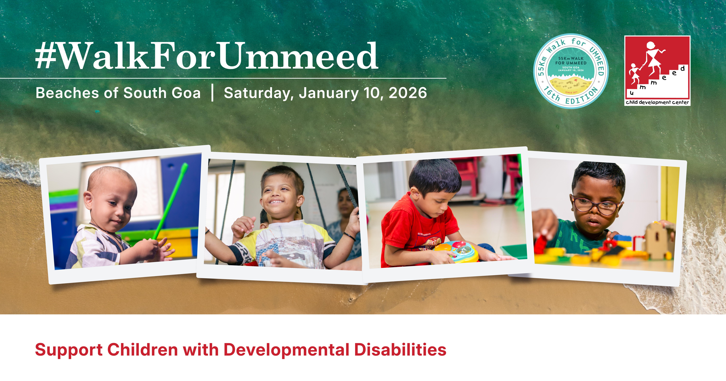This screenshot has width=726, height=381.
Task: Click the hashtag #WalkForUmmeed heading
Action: click(x=206, y=56)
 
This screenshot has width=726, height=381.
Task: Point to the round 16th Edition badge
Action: click(x=571, y=71)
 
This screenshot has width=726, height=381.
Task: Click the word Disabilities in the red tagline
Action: click(x=400, y=350)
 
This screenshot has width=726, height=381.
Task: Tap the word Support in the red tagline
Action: click(x=68, y=350)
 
